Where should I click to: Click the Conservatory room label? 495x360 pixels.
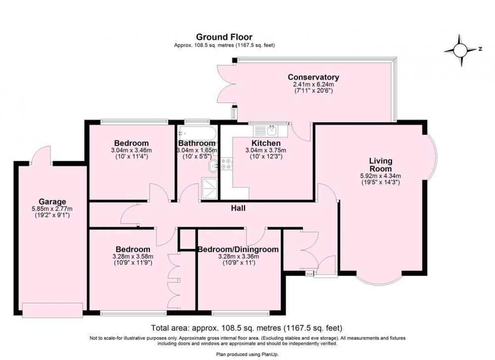tap(313, 77)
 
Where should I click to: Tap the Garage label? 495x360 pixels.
tap(52, 202)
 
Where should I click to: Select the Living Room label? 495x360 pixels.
tap(381, 164)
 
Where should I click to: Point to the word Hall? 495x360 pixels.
tap(238, 208)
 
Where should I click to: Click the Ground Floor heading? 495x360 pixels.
tap(224, 37)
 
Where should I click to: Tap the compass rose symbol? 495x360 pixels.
tap(460, 50)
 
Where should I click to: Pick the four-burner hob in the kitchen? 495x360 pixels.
tap(227, 163)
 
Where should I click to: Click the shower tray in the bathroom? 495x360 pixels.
tap(209, 189)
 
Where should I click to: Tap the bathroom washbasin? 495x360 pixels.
tap(213, 166)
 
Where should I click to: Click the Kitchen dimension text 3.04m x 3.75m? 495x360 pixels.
tap(266, 151)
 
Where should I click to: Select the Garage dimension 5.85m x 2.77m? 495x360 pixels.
tap(52, 209)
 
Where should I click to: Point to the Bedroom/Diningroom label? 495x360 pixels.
tap(238, 250)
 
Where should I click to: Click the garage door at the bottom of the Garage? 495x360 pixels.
tap(53, 310)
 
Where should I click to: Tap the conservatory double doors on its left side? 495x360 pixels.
tap(227, 84)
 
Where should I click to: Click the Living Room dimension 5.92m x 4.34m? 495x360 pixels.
tap(381, 176)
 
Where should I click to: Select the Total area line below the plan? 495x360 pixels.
tap(247, 328)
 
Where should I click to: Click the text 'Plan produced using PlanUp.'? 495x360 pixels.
tap(247, 355)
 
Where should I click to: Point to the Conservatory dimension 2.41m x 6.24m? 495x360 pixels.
tap(313, 85)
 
